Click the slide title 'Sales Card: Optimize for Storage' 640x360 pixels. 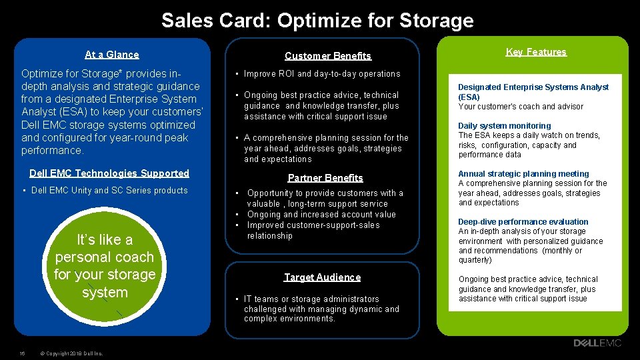pos(317,20)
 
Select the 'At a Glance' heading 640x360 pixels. pos(112,55)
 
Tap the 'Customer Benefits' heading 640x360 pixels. pos(328,56)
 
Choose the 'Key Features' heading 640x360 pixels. pos(536,52)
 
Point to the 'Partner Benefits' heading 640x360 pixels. pos(325,178)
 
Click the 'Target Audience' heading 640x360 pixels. pos(323,277)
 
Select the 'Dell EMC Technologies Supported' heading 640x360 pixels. pos(109,173)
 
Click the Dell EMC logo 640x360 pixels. pos(597,343)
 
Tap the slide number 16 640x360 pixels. pos(22,353)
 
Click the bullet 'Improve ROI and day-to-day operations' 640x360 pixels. pos(322,73)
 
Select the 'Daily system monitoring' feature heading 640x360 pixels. pos(505,126)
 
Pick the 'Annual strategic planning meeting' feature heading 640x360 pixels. pos(524,174)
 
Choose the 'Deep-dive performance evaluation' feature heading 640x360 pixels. pos(523,222)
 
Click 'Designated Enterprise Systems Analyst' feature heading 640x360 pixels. pos(533,87)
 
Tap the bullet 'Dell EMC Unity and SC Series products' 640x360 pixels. pos(109,191)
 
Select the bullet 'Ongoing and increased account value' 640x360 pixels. pos(321,215)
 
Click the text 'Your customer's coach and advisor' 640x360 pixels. pos(521,107)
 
